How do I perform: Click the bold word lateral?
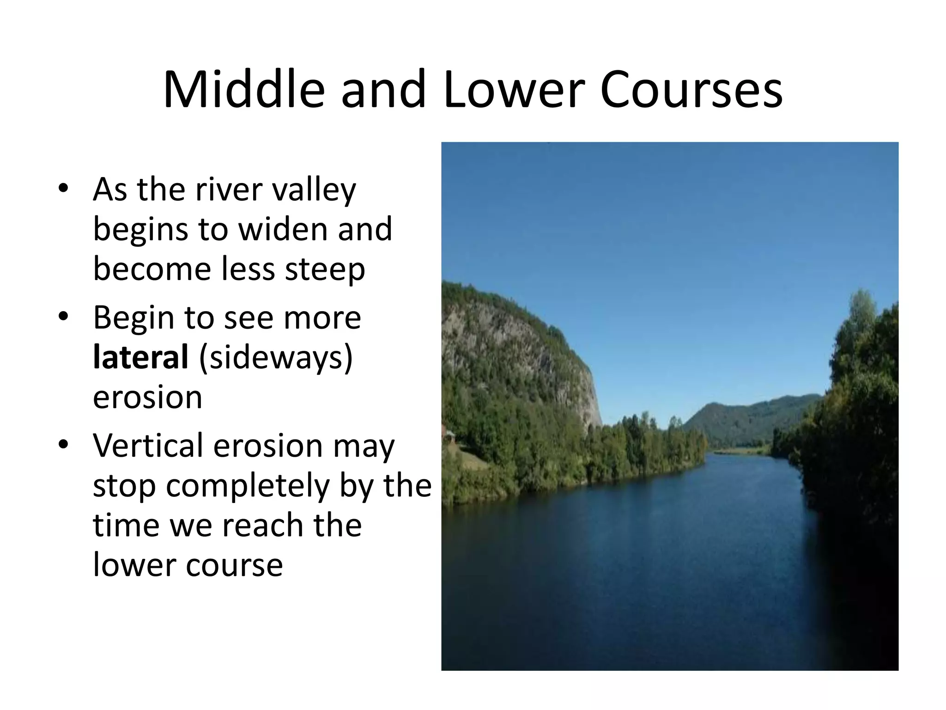[x=140, y=357]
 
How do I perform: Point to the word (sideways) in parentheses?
[x=276, y=358]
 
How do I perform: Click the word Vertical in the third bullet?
[x=148, y=445]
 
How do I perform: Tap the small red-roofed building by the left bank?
[x=448, y=435]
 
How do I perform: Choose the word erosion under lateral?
[x=147, y=398]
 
